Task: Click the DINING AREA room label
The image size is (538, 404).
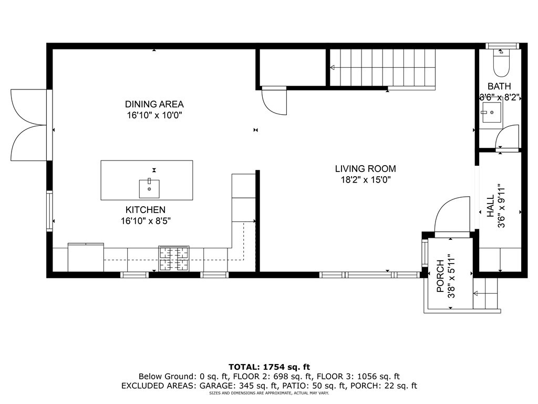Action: pyautogui.click(x=154, y=104)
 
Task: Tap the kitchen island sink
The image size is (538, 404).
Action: pyautogui.click(x=149, y=188)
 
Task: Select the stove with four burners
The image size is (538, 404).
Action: pyautogui.click(x=174, y=258)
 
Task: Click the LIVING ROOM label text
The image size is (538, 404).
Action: pyautogui.click(x=365, y=169)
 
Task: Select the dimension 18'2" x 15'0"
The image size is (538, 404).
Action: pyautogui.click(x=365, y=180)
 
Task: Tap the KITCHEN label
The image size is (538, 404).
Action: pyautogui.click(x=146, y=210)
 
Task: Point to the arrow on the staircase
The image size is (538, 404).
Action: pyautogui.click(x=333, y=67)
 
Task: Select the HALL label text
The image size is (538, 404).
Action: pyautogui.click(x=491, y=206)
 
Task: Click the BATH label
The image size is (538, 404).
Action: pyautogui.click(x=499, y=86)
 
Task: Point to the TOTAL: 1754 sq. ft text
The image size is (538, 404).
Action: pyautogui.click(x=269, y=367)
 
